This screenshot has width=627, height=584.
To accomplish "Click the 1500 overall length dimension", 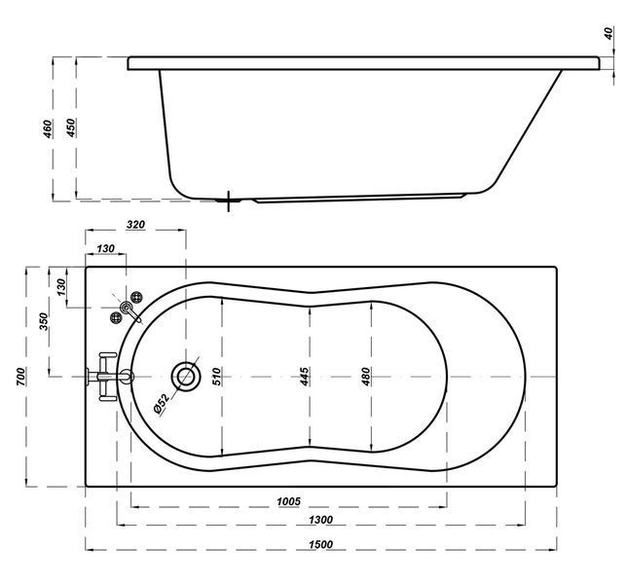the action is [x=320, y=544].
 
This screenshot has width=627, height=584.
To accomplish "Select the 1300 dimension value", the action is [x=320, y=520].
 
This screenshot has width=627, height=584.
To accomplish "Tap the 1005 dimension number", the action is [x=288, y=501].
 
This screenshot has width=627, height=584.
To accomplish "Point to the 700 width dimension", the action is [x=20, y=376].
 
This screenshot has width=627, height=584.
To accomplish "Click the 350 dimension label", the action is [x=44, y=321].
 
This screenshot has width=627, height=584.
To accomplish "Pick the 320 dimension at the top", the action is [x=135, y=224].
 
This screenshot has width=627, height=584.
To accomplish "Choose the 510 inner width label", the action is [x=216, y=376].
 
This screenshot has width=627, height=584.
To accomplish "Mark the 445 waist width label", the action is [x=304, y=377].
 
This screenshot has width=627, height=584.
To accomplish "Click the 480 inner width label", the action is [x=366, y=377].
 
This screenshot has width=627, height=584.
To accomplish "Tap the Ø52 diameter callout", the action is [x=162, y=403].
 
